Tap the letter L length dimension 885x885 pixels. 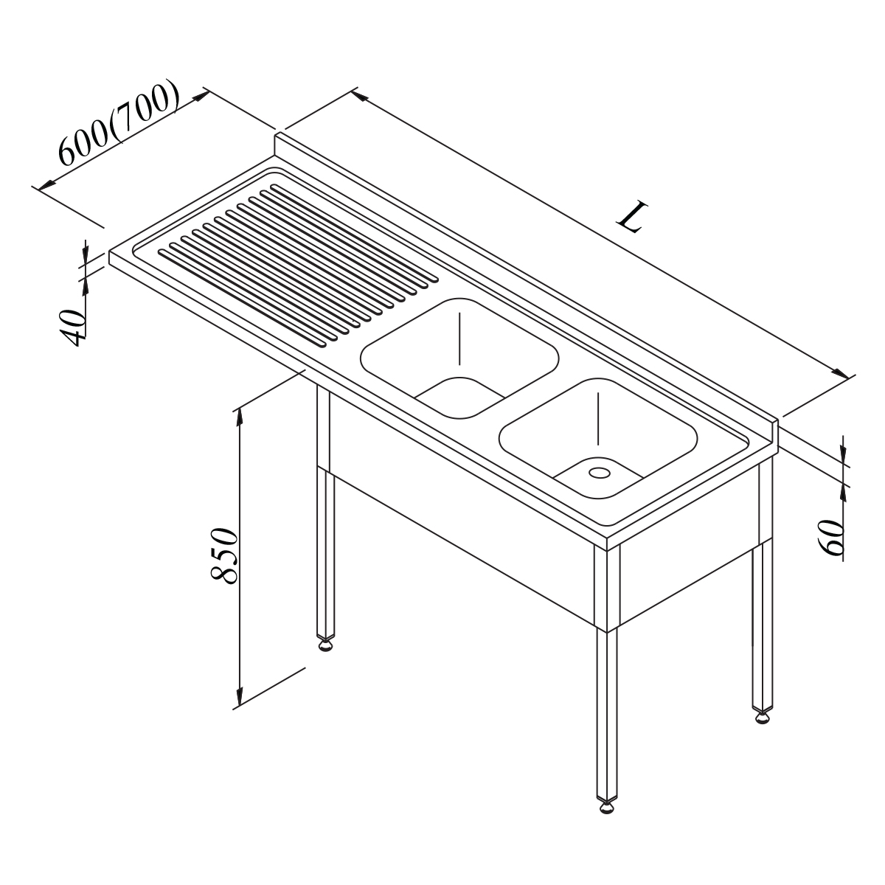tap(634, 216)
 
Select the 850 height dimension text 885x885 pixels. tap(223, 555)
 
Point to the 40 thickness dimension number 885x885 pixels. tap(72, 328)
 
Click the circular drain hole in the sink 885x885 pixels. tap(600, 472)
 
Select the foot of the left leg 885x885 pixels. tap(326, 645)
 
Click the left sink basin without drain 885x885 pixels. tap(459, 358)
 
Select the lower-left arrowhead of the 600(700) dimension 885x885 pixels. tap(46, 184)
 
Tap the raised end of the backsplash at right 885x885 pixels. tap(776, 433)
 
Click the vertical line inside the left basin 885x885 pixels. tap(459, 339)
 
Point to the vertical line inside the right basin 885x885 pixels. tap(598, 419)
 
